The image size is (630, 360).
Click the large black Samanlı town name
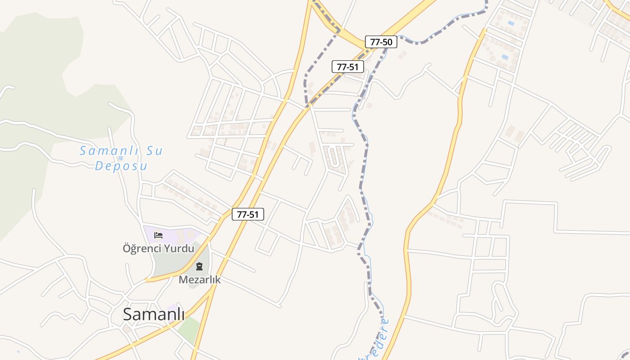pyautogui.click(x=153, y=314)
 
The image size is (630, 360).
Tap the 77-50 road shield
pyautogui.click(x=381, y=42)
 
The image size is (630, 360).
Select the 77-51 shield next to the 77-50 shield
pyautogui.click(x=347, y=67)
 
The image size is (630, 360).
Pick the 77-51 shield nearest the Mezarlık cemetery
pyautogui.click(x=247, y=214)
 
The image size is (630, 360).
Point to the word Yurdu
pyautogui.click(x=180, y=248)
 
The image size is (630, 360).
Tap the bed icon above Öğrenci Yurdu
pyautogui.click(x=158, y=235)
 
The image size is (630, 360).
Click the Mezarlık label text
pyautogui.click(x=199, y=279)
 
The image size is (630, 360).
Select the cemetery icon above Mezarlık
pyautogui.click(x=199, y=266)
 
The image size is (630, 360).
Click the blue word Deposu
pyautogui.click(x=121, y=166)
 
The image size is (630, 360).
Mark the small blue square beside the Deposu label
pyautogui.click(x=121, y=158)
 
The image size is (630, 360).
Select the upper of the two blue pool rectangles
pyautogui.click(x=510, y=22)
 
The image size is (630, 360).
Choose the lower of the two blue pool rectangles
pyautogui.click(x=505, y=57)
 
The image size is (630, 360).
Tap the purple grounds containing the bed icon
pyautogui.click(x=173, y=234)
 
